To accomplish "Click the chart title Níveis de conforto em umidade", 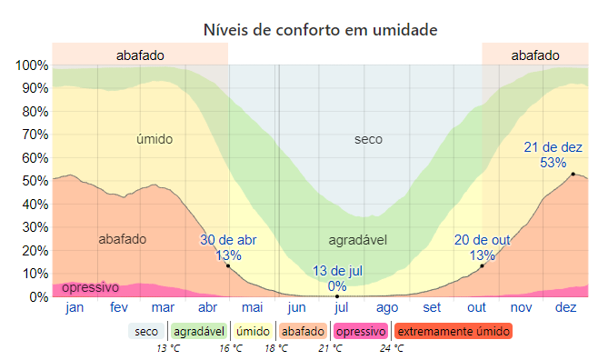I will [x=321, y=30].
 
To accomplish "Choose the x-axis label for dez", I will [x=565, y=308].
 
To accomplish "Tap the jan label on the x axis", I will [x=75, y=308].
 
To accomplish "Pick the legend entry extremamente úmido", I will [x=454, y=331].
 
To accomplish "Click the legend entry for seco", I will [x=146, y=331].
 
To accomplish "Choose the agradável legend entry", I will [x=198, y=331].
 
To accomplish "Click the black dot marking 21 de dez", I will [x=573, y=174].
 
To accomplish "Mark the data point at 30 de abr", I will [x=228, y=265].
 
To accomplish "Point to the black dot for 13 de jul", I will [x=337, y=296].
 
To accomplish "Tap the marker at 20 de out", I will [x=483, y=265].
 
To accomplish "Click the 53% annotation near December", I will [x=553, y=163].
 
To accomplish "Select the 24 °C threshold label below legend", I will [x=392, y=347].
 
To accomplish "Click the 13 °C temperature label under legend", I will [x=168, y=347].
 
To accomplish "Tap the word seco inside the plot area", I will [x=368, y=139].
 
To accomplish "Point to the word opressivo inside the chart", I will [x=90, y=287].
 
